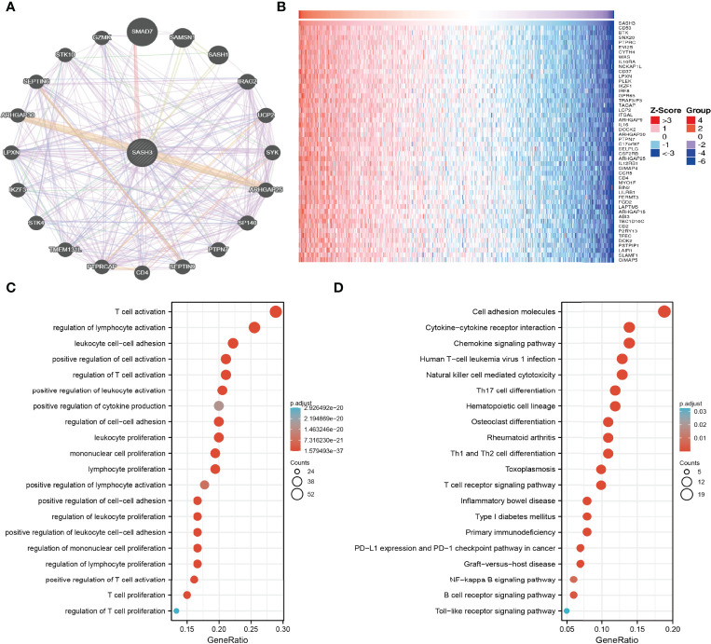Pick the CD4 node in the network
pos(143,272)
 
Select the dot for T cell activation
pos(275,311)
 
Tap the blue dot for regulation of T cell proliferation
pos(176,610)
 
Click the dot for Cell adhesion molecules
pos(664,311)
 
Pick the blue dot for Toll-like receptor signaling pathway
pos(566,610)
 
